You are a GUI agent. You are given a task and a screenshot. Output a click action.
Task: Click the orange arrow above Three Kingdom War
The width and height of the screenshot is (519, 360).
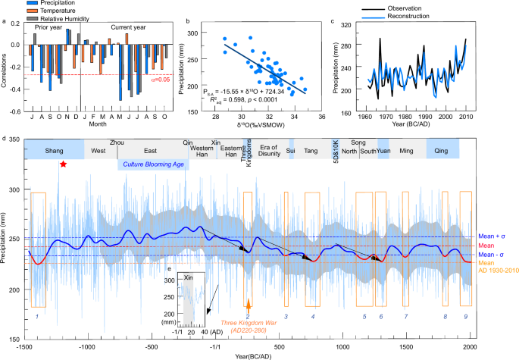pyautogui.click(x=249, y=303)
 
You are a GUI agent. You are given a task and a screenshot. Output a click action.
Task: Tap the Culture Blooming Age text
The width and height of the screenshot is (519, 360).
pyautogui.click(x=153, y=164)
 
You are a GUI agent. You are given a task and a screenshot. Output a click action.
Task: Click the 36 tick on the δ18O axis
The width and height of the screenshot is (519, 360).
pyautogui.click(x=322, y=117)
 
